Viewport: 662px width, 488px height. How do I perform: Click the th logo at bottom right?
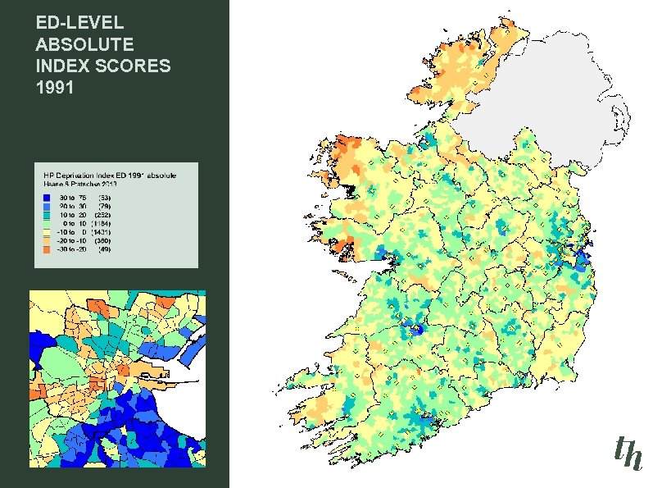[x=628, y=454]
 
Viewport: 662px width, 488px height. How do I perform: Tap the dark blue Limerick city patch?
[x=418, y=330]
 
